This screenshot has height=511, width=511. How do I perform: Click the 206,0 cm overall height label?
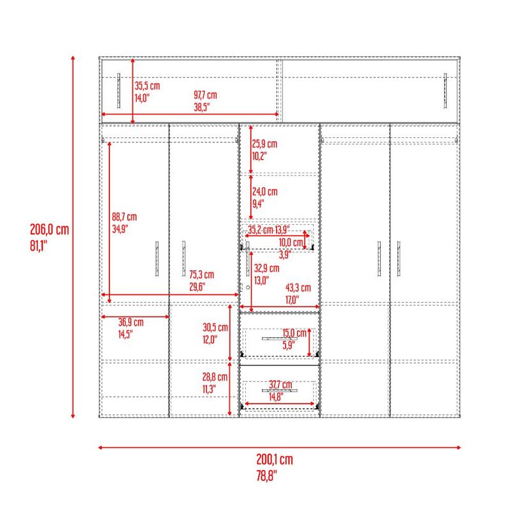click(x=50, y=230)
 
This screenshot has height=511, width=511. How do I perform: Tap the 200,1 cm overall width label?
click(x=275, y=459)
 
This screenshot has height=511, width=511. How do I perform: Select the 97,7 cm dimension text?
click(x=205, y=95)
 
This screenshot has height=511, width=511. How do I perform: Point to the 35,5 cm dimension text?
click(x=148, y=86)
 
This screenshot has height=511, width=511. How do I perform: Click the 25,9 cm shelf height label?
click(x=264, y=144)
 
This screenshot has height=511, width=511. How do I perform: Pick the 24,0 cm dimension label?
click(x=264, y=192)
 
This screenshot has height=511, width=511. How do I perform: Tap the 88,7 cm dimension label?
click(x=125, y=217)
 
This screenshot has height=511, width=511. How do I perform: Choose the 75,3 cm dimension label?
click(x=202, y=275)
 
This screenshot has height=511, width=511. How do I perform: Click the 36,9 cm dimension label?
click(x=131, y=323)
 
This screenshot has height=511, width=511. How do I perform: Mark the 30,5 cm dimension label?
click(x=215, y=328)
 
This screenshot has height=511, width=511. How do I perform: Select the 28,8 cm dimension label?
click(x=215, y=377)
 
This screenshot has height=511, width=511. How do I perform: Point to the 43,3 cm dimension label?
click(x=298, y=288)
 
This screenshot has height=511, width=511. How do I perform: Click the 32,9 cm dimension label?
click(x=266, y=268)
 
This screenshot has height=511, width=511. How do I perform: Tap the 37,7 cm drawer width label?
click(x=280, y=385)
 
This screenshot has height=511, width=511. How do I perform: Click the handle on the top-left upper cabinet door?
click(x=119, y=91)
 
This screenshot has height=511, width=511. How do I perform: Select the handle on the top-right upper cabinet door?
click(x=445, y=91)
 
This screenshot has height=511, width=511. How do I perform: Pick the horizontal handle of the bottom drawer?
click(x=280, y=390)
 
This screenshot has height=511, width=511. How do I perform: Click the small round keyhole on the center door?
click(x=248, y=287)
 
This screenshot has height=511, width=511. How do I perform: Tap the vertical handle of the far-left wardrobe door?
click(x=156, y=259)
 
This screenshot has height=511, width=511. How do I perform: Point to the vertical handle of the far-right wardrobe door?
click(x=399, y=259)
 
